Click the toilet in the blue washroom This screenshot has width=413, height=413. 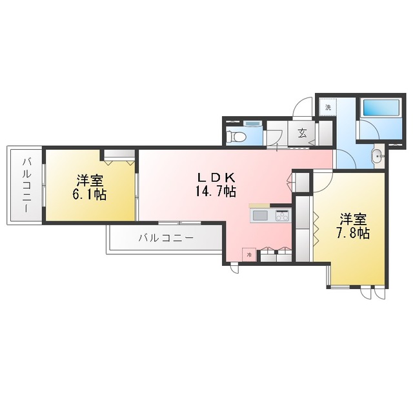click(236, 137)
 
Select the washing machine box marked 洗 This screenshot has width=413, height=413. click(328, 107)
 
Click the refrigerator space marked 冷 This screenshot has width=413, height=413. click(249, 255)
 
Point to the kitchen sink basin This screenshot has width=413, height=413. click(260, 216)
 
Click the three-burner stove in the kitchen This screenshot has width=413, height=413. click(283, 216)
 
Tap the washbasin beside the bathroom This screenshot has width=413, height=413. click(379, 156)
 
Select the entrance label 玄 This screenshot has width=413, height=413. click(302, 134)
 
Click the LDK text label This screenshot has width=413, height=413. click(216, 178)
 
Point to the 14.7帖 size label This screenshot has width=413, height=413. click(216, 191)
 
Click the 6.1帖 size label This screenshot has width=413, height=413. click(90, 194)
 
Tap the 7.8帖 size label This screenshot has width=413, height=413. click(352, 233)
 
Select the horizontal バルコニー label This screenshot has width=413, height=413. click(166, 238)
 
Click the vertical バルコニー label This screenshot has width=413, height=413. click(26, 185)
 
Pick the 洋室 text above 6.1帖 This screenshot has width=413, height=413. click(90, 181)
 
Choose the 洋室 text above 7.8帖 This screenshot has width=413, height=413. click(353, 219)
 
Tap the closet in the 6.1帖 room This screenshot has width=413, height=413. click(119, 156)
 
